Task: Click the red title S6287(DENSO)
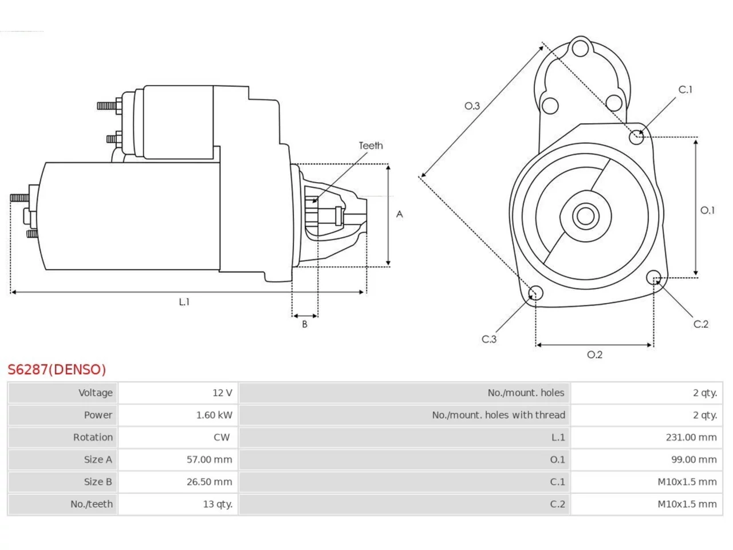click(x=57, y=370)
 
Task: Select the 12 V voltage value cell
click(x=222, y=392)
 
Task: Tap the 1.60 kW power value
click(x=214, y=415)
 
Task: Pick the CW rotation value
click(x=222, y=438)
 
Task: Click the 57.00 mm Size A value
click(x=209, y=459)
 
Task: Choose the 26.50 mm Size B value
click(x=209, y=482)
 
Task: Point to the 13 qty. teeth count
click(x=218, y=504)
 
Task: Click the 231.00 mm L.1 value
click(x=691, y=438)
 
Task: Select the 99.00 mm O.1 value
click(x=693, y=459)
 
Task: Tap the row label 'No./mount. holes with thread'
click(x=498, y=415)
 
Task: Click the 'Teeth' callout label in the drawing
click(x=371, y=146)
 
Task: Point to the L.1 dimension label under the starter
click(x=184, y=302)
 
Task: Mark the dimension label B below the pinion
click(x=305, y=324)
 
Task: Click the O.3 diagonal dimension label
click(x=472, y=106)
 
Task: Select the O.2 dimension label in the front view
click(x=594, y=355)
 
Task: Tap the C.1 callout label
click(x=685, y=89)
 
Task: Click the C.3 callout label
click(x=489, y=339)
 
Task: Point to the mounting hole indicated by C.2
click(x=653, y=277)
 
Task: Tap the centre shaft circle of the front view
click(x=585, y=217)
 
